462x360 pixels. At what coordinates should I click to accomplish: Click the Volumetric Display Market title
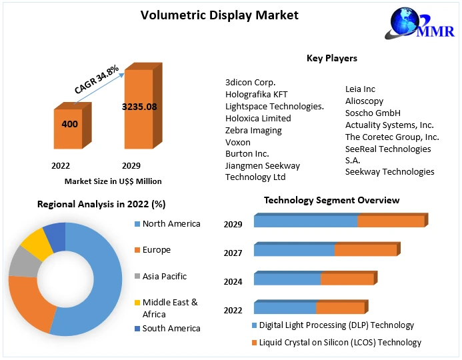210,15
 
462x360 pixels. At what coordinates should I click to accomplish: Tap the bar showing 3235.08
139,107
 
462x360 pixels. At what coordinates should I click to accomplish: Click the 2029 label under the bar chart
131,165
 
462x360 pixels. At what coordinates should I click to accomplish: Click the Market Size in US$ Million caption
113,181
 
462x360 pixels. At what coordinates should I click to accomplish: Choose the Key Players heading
331,58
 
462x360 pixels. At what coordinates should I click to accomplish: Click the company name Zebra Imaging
253,130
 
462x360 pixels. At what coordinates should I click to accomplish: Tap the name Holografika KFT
257,94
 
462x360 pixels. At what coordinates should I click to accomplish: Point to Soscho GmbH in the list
373,113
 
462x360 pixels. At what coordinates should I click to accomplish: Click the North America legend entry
171,223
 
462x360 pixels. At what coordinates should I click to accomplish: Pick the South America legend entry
171,328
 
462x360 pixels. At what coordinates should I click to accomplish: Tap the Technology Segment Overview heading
331,200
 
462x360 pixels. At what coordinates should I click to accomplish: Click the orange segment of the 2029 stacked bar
391,221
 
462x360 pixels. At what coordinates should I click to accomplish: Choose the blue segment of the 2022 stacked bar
285,308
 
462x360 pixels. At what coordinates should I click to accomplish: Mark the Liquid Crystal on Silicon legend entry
340,342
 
